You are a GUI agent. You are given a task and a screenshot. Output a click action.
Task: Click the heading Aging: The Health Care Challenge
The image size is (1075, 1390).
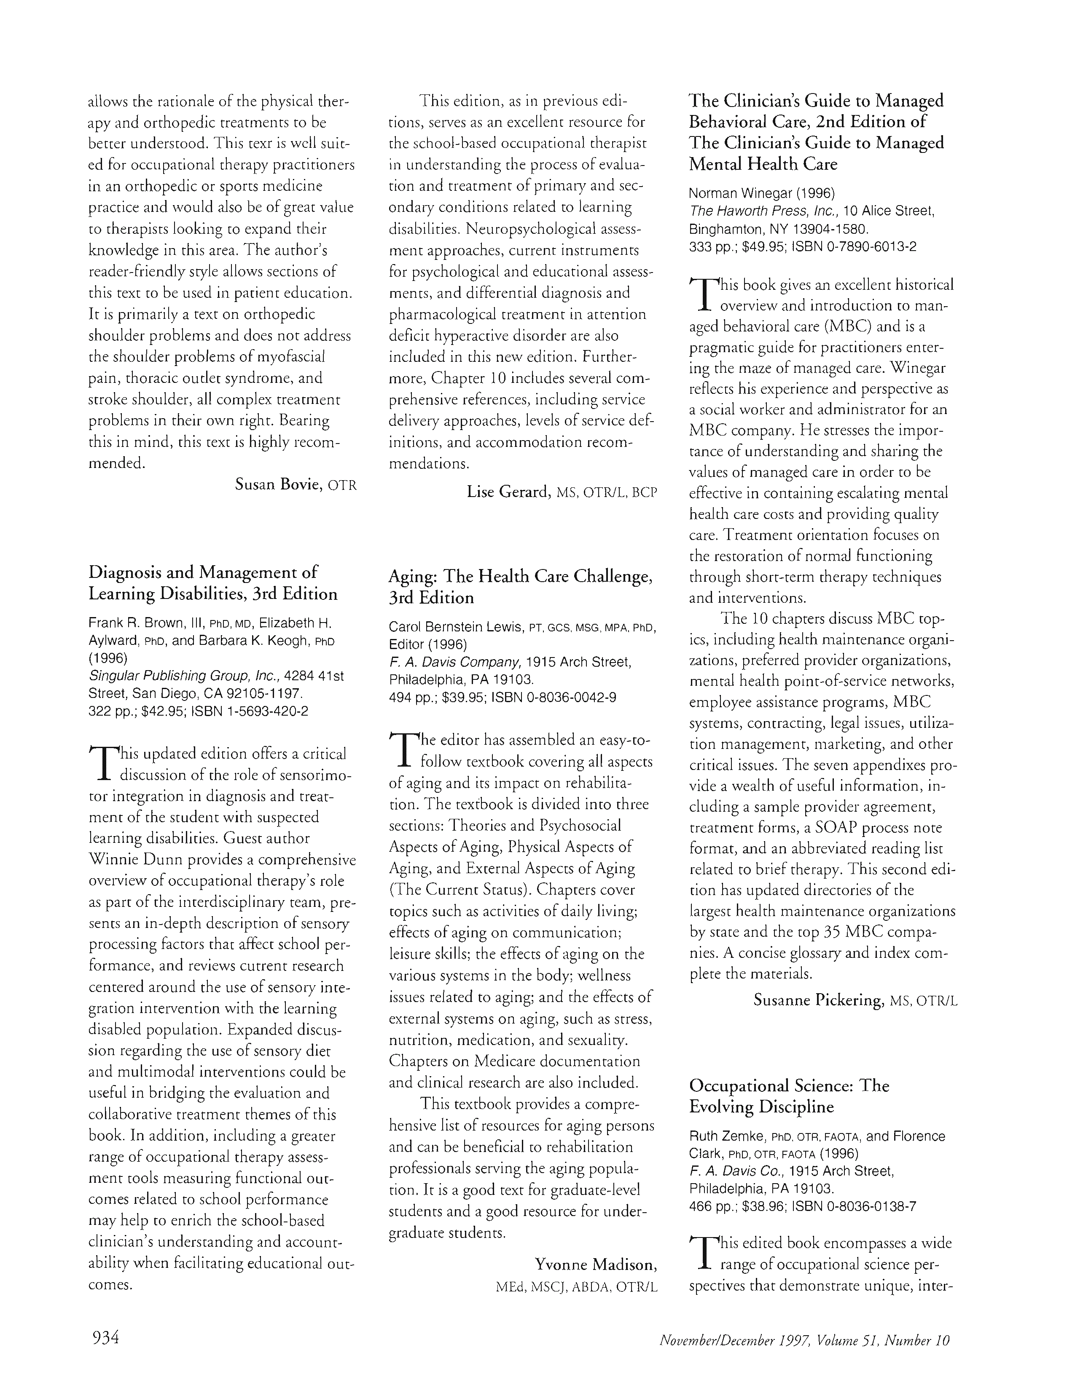point(520,577)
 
